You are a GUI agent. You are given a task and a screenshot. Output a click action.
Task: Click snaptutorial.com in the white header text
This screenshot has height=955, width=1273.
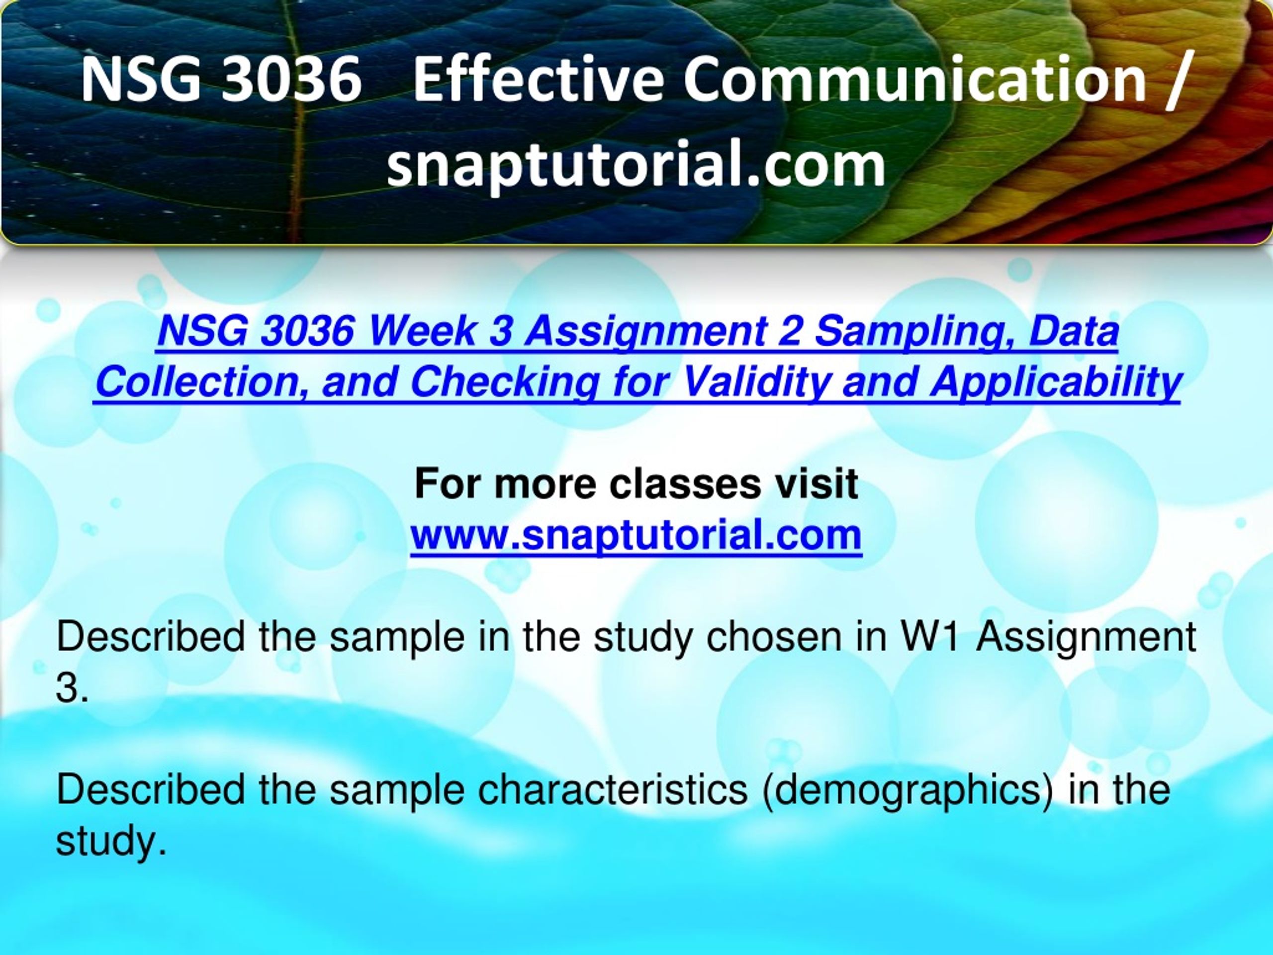coord(636,165)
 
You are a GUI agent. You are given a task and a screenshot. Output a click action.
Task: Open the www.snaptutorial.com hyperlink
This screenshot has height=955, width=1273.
coord(636,535)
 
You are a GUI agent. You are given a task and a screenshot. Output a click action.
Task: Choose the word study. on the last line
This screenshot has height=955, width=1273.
coord(110,842)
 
